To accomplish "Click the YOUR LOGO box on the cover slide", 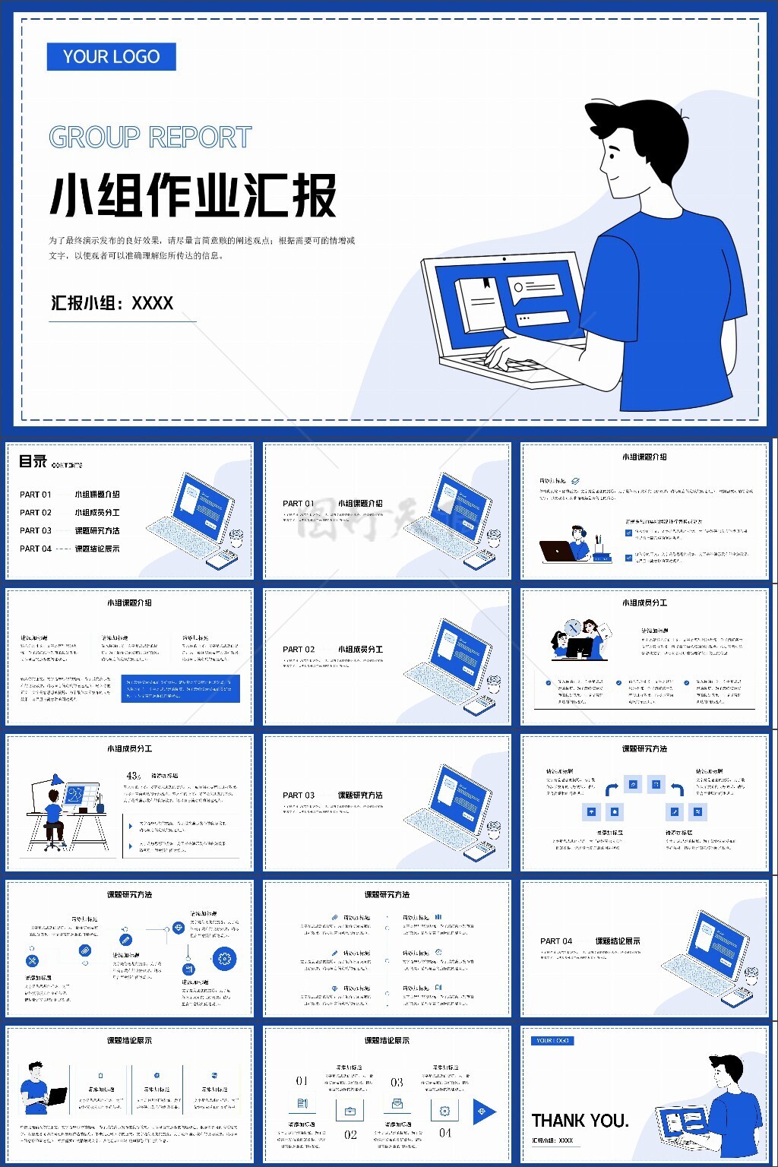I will tap(111, 57).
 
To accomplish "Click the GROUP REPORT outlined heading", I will tap(150, 138).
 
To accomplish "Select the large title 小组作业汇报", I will tap(193, 195).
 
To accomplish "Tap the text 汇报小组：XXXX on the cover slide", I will tap(112, 303).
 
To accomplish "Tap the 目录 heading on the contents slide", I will tap(33, 461).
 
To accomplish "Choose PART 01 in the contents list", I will tap(35, 495).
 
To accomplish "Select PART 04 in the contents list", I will tap(35, 549).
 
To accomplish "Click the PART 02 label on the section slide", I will tap(299, 650).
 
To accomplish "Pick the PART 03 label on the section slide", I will tap(299, 795).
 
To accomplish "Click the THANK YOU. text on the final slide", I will tap(580, 1121).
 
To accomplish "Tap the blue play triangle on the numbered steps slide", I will tap(483, 1112).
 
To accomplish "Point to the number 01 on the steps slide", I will tap(302, 1081).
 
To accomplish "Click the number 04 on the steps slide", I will tap(445, 1133).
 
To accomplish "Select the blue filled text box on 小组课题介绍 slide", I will tap(180, 688).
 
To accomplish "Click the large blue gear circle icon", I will tap(224, 959).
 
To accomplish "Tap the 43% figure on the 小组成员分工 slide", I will tap(134, 776).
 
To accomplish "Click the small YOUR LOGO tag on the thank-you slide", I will tap(552, 1041).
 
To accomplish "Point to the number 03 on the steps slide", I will tap(397, 1082).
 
